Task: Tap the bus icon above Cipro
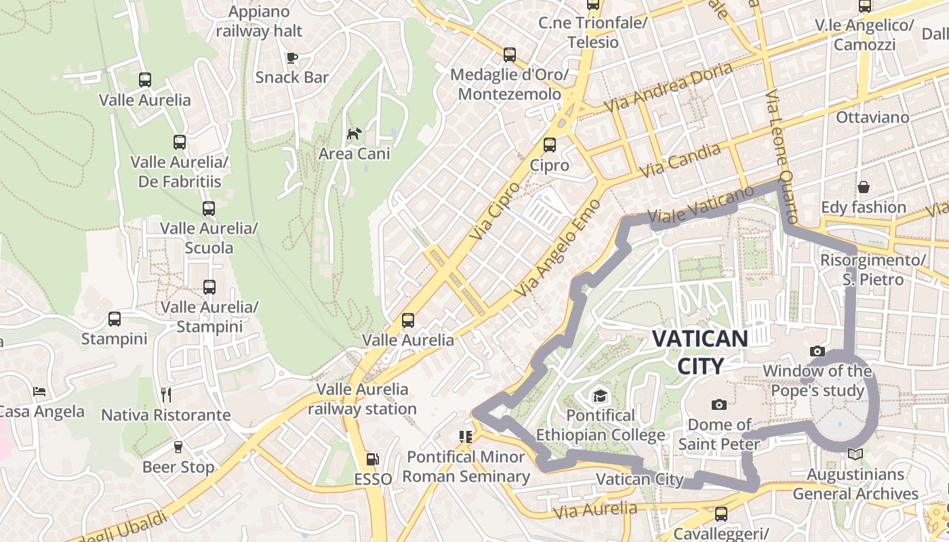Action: [x=550, y=145]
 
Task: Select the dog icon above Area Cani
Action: [x=354, y=133]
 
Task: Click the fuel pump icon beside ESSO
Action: [x=372, y=459]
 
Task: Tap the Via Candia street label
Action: [x=680, y=161]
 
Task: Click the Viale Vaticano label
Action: [x=700, y=205]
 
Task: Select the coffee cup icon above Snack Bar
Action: [x=292, y=58]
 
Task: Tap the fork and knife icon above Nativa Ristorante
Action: [x=166, y=394]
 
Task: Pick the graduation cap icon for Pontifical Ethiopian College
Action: [x=600, y=396]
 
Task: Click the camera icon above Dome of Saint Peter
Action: [x=719, y=405]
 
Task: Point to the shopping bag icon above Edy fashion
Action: [x=864, y=187]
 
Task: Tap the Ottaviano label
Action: [x=872, y=117]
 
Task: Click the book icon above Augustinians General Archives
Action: [x=855, y=454]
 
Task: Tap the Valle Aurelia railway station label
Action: [x=363, y=399]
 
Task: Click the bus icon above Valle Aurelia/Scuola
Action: [x=209, y=209]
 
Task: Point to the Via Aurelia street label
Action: [x=596, y=509]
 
